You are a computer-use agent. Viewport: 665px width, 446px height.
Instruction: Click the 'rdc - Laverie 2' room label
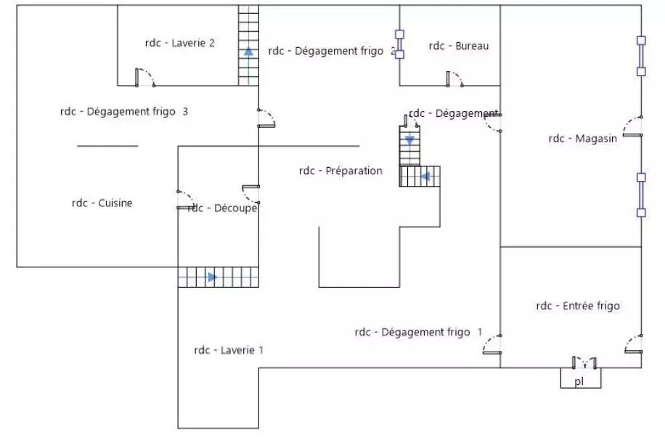coord(180,43)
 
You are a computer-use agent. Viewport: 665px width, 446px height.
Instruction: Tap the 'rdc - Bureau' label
coord(459,46)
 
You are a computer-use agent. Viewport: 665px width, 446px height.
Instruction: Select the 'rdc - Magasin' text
coord(583,138)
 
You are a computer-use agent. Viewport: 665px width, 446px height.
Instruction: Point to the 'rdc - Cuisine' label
coord(102,203)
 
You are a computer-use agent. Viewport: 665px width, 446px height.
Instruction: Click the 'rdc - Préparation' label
coord(340,171)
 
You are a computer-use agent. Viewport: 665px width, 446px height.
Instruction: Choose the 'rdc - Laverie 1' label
coord(229,350)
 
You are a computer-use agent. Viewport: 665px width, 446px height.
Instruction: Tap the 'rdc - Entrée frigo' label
coord(578,306)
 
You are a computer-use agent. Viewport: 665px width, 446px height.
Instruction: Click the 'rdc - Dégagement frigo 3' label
coord(124,112)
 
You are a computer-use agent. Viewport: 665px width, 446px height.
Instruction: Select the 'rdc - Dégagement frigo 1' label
coord(419,332)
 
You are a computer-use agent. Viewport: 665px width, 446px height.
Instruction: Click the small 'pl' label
coord(579,381)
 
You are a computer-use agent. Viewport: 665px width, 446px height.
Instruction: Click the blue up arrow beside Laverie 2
coord(248,52)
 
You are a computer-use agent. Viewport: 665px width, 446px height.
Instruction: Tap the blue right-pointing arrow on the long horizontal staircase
coord(213,277)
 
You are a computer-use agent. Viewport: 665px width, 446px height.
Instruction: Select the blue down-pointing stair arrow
coord(409,140)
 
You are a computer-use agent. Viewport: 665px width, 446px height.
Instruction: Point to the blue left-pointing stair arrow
coord(425,176)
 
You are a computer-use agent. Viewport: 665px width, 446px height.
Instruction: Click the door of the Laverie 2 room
coord(145,78)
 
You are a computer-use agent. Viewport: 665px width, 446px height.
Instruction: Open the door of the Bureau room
coord(454,79)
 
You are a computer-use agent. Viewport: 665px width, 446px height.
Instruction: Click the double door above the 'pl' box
coord(584,362)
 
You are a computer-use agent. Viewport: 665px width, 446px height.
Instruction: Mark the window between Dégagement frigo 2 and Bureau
coord(399,44)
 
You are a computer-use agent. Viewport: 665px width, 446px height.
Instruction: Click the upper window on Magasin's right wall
coord(641,56)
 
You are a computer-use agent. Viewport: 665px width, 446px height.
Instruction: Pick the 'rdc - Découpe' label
coord(222,208)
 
